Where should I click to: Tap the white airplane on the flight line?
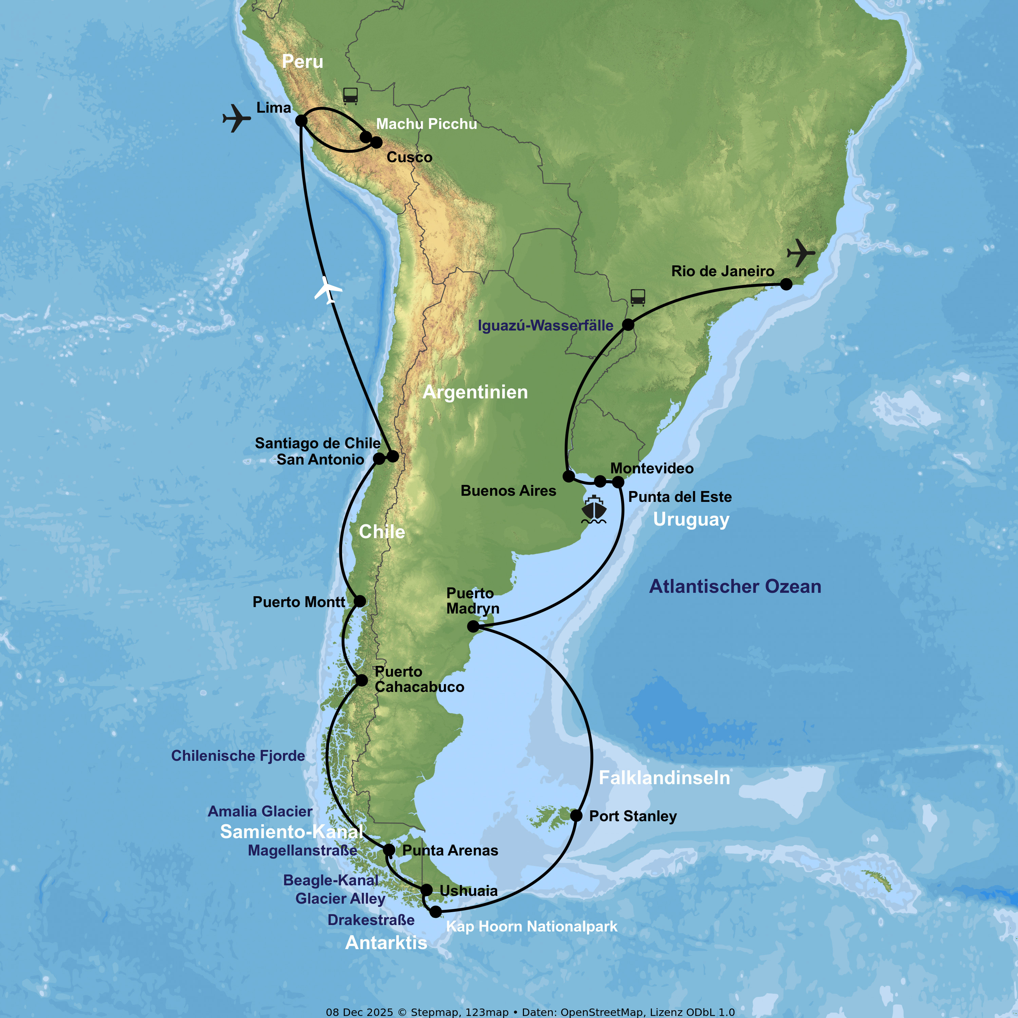pos(328,290)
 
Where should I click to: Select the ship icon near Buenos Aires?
pos(594,509)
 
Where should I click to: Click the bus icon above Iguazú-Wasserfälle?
pos(638,297)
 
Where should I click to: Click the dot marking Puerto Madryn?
pos(473,626)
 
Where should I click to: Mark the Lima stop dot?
pos(301,121)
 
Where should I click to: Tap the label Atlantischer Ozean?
pos(735,586)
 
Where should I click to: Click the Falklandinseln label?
pos(664,778)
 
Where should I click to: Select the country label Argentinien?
pos(475,392)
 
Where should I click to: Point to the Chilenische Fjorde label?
pos(238,756)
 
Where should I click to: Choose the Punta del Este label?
pos(680,497)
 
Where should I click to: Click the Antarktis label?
pos(386,943)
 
